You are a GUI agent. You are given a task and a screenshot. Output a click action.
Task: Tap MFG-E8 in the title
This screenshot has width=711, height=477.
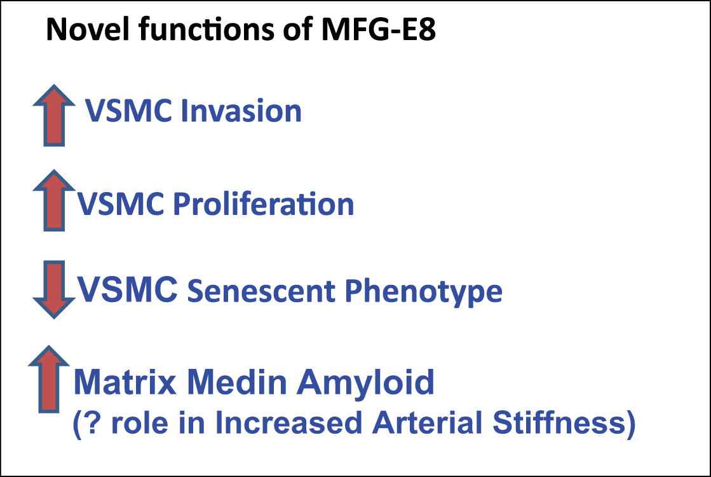379,29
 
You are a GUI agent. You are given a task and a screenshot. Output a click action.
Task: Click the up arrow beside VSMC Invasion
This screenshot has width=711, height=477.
54,115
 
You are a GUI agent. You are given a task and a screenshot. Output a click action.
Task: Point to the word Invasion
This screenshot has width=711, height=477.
241,111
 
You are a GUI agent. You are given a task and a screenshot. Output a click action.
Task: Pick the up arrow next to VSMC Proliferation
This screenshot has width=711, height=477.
54,200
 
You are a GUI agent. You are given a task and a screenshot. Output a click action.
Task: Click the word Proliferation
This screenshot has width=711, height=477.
264,204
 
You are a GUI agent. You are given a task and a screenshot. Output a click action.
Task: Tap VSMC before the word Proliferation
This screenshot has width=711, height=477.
121,204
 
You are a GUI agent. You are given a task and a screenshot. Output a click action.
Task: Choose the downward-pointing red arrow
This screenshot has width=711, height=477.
54,289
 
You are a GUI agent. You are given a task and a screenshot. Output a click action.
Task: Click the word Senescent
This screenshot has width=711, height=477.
261,291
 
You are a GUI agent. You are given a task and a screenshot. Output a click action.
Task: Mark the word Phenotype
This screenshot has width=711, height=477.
424,291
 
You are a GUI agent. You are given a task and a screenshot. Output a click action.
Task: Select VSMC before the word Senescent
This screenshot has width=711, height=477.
128,289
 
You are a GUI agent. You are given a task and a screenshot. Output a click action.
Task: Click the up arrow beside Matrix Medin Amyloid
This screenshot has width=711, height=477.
49,379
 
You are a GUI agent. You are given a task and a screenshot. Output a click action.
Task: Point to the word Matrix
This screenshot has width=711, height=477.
125,382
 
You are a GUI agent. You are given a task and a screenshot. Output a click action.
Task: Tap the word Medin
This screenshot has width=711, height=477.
236,382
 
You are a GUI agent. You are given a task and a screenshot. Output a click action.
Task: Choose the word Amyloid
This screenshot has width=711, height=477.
365,384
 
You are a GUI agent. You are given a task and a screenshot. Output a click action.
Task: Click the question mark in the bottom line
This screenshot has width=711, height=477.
91,422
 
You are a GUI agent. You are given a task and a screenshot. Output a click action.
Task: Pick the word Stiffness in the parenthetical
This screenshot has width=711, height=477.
559,422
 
